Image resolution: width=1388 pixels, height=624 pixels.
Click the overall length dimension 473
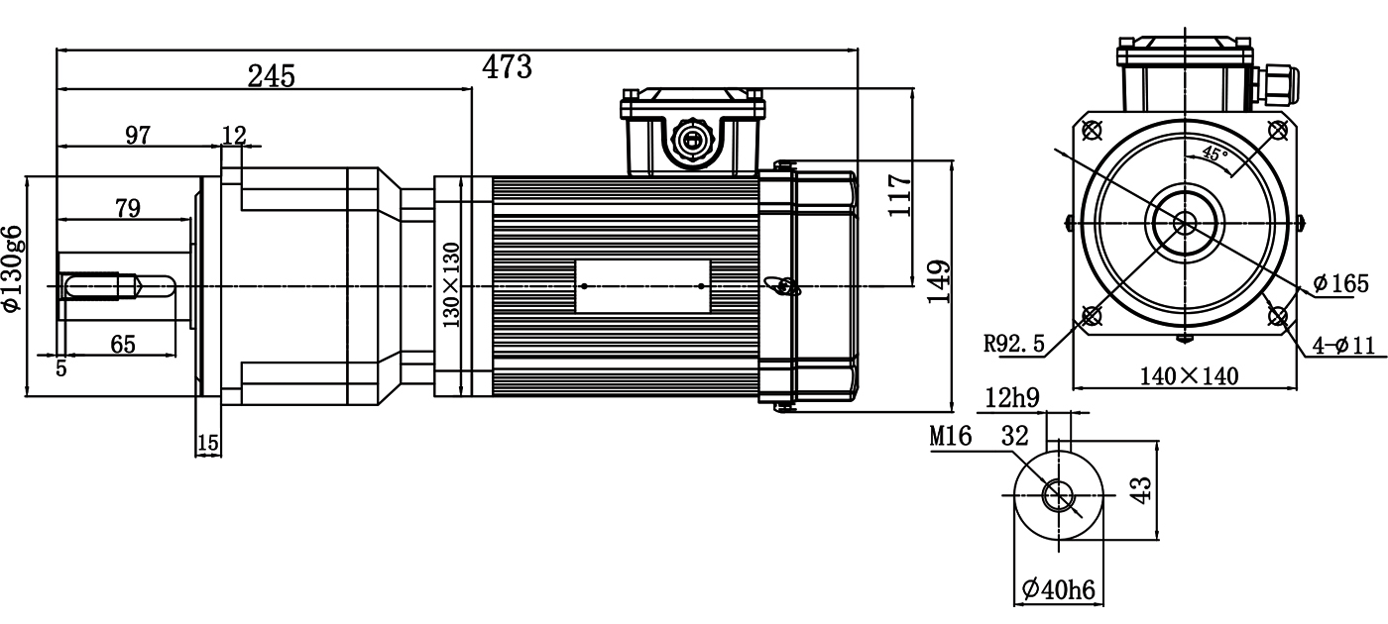pos(507,66)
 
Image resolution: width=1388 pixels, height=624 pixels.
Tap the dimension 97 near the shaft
pos(138,135)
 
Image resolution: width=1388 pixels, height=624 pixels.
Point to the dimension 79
pos(128,207)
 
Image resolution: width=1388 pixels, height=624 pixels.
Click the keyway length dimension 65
pos(122,344)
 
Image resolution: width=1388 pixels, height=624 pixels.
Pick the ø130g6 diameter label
pos(12,267)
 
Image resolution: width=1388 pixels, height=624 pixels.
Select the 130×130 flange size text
pos(452,284)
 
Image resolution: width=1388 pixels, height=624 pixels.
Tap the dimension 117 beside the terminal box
pos(898,196)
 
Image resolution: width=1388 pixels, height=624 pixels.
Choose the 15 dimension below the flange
pos(208,443)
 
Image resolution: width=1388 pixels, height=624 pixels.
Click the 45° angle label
pos(1214,154)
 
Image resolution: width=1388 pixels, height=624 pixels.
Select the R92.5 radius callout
pos(1014,343)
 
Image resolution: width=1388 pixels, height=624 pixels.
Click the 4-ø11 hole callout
pos(1342,345)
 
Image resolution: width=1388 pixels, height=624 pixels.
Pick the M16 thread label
pos(951,437)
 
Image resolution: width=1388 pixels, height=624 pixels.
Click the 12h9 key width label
pos(1011,398)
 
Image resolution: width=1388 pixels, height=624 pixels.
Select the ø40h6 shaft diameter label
pos(1058,589)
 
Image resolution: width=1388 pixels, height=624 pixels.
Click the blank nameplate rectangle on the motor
pos(642,286)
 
